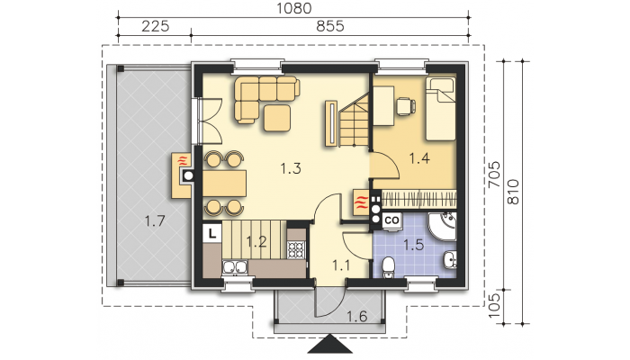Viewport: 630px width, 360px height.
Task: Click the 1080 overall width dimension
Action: (x=294, y=8)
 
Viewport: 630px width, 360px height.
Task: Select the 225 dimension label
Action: (x=156, y=26)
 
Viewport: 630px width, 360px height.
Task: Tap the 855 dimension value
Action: (x=330, y=26)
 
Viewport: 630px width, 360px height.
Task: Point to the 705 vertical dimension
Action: (x=495, y=174)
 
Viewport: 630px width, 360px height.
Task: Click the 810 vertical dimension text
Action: (x=513, y=192)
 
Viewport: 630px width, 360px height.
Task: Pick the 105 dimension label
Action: (x=495, y=305)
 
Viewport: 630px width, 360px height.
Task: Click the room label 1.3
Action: (x=291, y=168)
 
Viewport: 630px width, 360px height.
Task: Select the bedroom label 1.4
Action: (x=419, y=158)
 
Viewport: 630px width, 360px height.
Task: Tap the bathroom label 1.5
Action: (x=414, y=245)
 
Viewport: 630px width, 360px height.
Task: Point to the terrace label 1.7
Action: (x=155, y=220)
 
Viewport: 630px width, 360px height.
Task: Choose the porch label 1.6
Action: (x=356, y=317)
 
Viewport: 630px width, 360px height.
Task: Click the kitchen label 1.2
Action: (x=256, y=242)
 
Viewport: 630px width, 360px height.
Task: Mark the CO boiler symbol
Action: (x=391, y=220)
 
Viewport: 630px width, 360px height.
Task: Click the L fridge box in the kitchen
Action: (x=212, y=233)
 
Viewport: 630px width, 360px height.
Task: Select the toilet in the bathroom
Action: (x=388, y=266)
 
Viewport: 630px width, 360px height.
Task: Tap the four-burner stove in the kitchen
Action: (x=296, y=249)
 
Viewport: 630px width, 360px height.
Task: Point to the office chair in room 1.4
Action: (x=406, y=106)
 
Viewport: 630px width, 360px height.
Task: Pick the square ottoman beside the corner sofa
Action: (x=277, y=118)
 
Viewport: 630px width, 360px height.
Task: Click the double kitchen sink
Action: (x=235, y=267)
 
